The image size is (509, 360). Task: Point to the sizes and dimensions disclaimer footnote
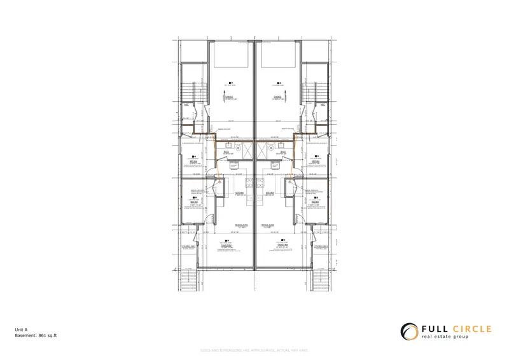point(254,350)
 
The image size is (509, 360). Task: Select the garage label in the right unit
point(277,99)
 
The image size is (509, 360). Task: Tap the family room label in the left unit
point(228,245)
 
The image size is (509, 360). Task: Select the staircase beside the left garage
point(188,89)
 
